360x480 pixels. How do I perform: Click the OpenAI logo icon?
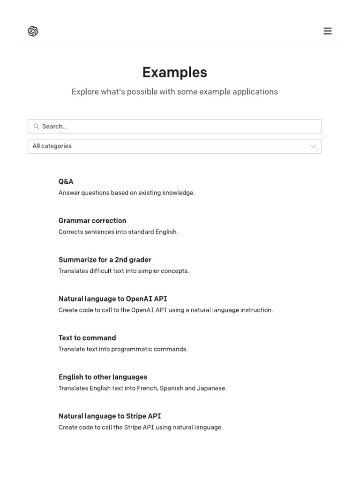coord(33,31)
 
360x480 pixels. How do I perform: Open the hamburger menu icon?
coord(328,31)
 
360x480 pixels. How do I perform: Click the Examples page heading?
coord(174,72)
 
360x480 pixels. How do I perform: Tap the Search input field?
coord(178,126)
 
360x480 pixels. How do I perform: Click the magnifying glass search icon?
coord(36,126)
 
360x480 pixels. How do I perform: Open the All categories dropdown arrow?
coord(314,146)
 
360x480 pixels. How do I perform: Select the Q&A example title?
coord(66,181)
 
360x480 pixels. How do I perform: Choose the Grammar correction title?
coord(92,220)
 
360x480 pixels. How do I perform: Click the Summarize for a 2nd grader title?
coord(105,260)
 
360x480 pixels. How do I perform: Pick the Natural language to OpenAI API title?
coord(112,299)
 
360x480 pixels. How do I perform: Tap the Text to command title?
coord(87,337)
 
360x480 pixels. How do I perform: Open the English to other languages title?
coord(103,377)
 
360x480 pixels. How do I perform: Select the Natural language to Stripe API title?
coord(110,416)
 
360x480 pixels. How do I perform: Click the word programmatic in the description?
coord(128,349)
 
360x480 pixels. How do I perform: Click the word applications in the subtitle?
coord(257,92)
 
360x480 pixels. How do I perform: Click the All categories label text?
coord(52,146)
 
